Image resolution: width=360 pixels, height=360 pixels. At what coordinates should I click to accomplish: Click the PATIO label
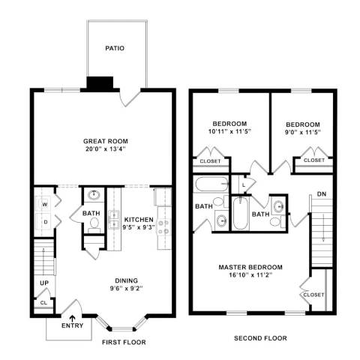click(x=115, y=48)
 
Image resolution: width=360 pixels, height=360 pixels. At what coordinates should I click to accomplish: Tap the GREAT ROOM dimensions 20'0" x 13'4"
click(x=105, y=149)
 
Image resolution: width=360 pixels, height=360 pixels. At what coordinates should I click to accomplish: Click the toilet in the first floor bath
click(x=94, y=224)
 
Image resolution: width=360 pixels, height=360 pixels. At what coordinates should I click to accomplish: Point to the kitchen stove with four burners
click(x=163, y=227)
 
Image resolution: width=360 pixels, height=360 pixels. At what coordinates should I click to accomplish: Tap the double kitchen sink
click(x=114, y=220)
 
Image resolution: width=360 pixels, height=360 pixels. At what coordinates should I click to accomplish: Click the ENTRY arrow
click(x=73, y=318)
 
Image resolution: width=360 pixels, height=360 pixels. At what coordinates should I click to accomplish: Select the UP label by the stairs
click(x=44, y=283)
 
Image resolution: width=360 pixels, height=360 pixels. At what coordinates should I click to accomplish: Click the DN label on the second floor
click(x=322, y=193)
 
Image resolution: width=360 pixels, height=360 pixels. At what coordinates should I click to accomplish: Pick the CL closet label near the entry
click(x=43, y=303)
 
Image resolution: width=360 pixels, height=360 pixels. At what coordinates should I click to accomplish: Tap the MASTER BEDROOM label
click(x=250, y=267)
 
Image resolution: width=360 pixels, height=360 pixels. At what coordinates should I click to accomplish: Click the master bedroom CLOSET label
click(x=313, y=295)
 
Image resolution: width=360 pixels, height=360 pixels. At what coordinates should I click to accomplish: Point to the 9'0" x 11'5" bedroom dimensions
click(x=303, y=132)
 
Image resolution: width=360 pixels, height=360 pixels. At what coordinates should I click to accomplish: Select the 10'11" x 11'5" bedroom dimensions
click(x=229, y=131)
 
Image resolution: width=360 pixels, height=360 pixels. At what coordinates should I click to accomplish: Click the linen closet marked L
click(x=244, y=185)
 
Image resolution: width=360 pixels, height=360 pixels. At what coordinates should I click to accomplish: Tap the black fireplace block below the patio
click(x=100, y=82)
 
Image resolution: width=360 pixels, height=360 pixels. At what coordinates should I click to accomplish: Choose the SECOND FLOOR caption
click(x=260, y=338)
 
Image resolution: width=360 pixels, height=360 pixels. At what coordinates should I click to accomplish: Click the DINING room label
click(x=126, y=280)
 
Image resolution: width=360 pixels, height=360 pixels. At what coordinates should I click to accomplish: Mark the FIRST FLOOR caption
click(x=124, y=342)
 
